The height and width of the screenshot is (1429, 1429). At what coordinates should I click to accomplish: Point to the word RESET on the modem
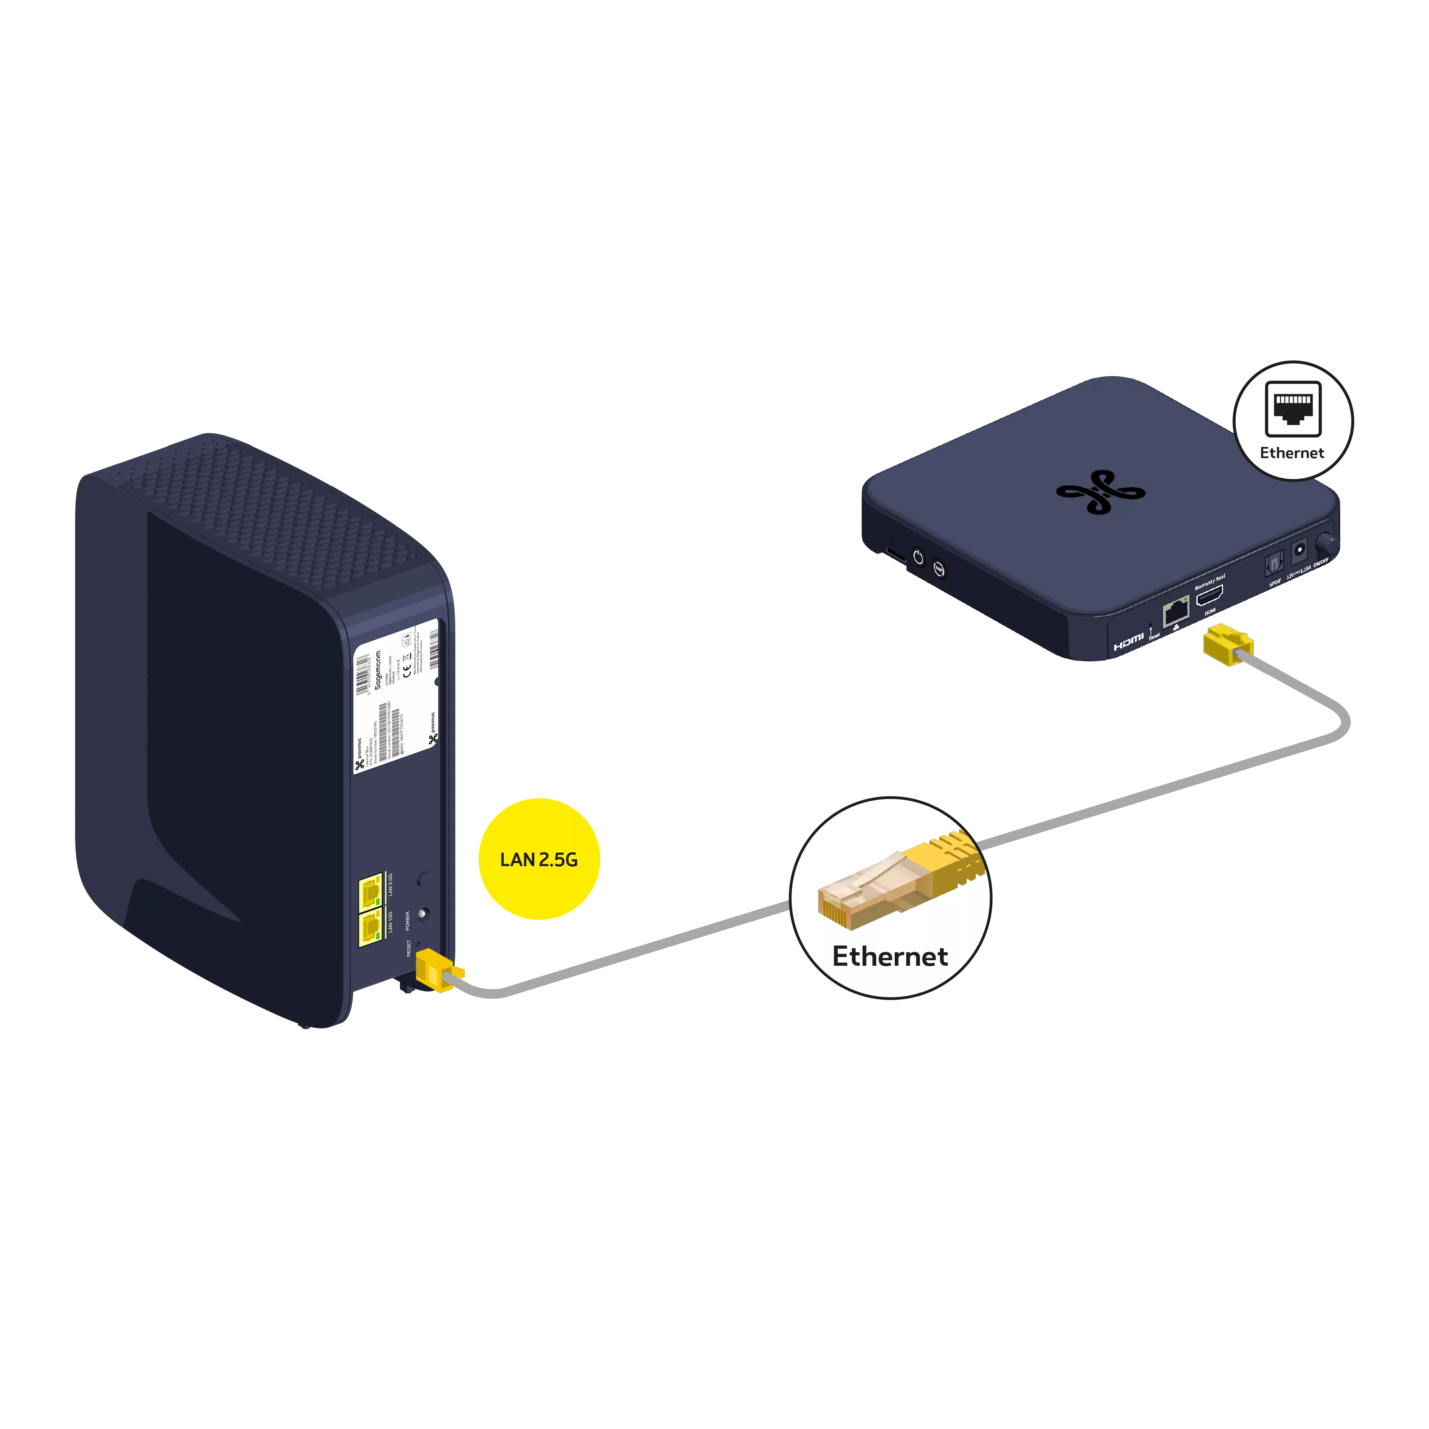(x=408, y=948)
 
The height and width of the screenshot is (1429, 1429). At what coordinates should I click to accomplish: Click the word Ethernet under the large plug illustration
(x=890, y=956)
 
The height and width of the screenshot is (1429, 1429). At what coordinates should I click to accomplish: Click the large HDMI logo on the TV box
(x=1128, y=642)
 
